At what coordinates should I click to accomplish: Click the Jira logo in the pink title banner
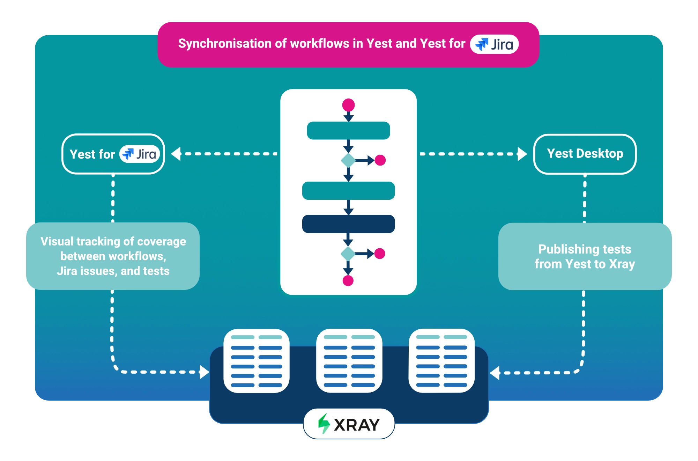click(494, 44)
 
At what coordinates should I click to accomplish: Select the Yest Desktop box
click(585, 154)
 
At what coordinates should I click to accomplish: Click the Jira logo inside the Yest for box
click(140, 154)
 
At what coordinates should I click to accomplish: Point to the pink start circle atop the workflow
click(348, 105)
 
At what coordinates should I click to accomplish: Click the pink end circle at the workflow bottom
click(348, 280)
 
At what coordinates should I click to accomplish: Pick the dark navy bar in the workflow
click(348, 224)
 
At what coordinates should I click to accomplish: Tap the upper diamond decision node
click(348, 160)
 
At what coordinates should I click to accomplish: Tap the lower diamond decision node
click(348, 254)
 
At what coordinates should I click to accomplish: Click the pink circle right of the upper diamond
click(380, 160)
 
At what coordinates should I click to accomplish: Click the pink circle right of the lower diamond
click(380, 254)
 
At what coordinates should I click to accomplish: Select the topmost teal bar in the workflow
click(348, 131)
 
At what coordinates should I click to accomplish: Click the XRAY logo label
click(349, 424)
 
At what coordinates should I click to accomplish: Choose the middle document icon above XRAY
click(349, 360)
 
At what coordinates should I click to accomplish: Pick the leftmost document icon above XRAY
click(257, 361)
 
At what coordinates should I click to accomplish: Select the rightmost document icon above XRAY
click(441, 360)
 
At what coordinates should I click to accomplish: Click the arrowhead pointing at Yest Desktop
click(522, 154)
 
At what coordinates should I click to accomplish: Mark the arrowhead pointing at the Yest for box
click(176, 154)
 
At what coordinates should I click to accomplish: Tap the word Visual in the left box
click(57, 241)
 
